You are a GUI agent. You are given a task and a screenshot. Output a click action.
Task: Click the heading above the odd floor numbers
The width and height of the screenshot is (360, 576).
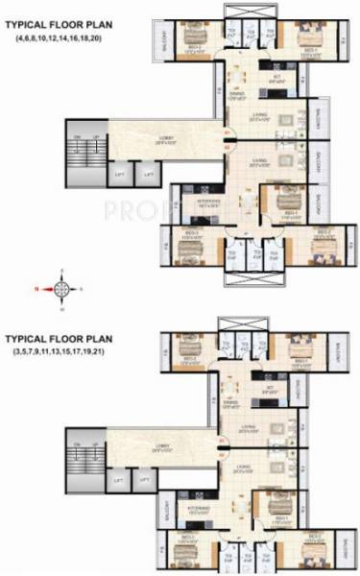[57, 339]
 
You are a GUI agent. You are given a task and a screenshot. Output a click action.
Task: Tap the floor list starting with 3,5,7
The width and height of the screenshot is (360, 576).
[60, 352]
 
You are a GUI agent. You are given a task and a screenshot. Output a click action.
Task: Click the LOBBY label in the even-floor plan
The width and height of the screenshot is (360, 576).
[165, 140]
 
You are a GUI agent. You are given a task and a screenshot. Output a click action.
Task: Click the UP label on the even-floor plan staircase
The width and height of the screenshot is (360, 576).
[96, 138]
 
